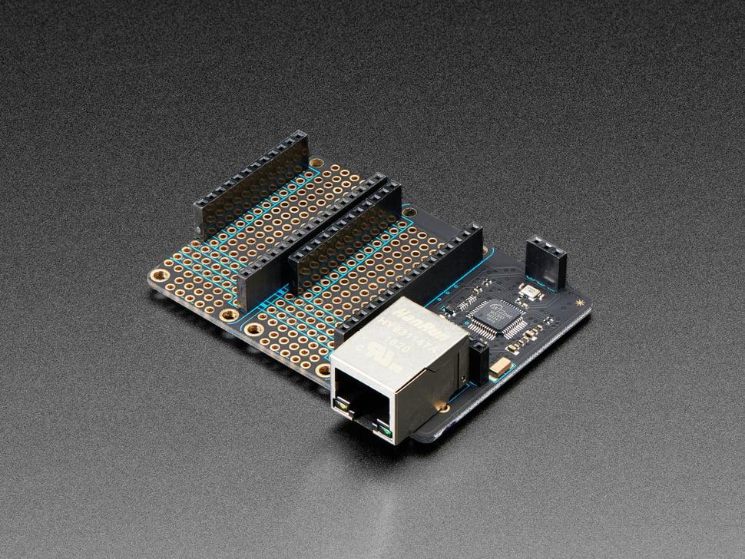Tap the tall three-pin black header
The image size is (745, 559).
tap(546, 262)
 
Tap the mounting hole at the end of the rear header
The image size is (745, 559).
tap(315, 163)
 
